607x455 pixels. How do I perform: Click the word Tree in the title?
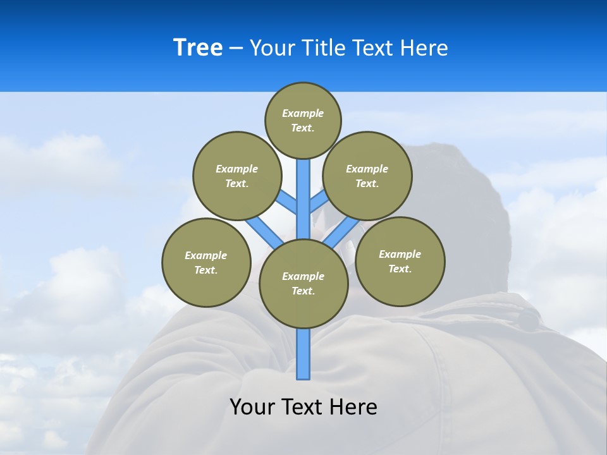pos(198,48)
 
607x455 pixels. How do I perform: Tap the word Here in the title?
pos(424,48)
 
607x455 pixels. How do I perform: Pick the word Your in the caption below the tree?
pos(252,407)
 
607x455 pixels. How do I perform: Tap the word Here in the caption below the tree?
pos(353,407)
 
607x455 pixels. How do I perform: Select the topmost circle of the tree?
pos(303,120)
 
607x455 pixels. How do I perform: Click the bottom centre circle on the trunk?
pos(303,284)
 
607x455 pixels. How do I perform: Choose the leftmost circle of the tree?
pos(206,263)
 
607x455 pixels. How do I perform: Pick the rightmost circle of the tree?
pos(400,262)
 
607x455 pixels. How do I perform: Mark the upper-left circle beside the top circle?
pos(236,176)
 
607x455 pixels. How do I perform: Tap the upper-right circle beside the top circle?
pos(367,176)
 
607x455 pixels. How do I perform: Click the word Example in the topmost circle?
pos(303,113)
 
